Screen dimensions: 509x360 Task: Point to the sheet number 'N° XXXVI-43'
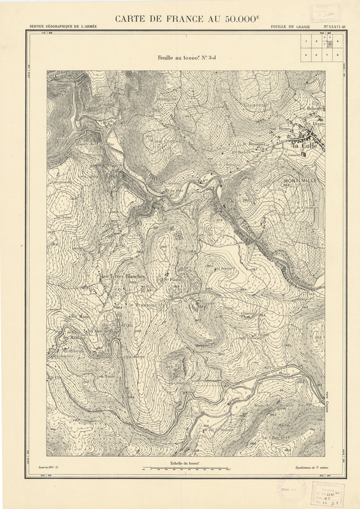coord(335,26)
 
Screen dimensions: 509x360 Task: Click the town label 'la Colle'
coord(304,145)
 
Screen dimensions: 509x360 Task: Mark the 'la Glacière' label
coord(276,437)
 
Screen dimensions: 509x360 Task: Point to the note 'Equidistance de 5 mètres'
coord(313,467)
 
